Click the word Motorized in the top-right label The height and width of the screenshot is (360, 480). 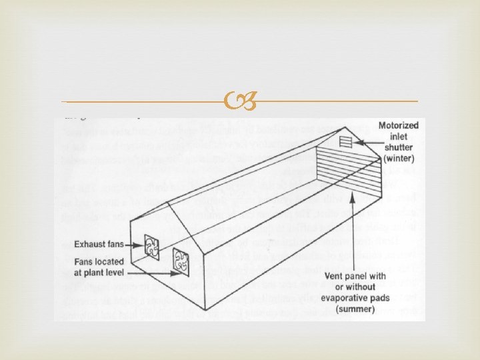[399, 125]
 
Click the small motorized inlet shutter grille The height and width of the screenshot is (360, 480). [345, 142]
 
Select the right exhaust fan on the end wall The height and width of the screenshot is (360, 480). [180, 259]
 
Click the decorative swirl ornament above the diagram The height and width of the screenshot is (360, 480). [240, 102]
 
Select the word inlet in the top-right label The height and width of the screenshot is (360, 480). [403, 136]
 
